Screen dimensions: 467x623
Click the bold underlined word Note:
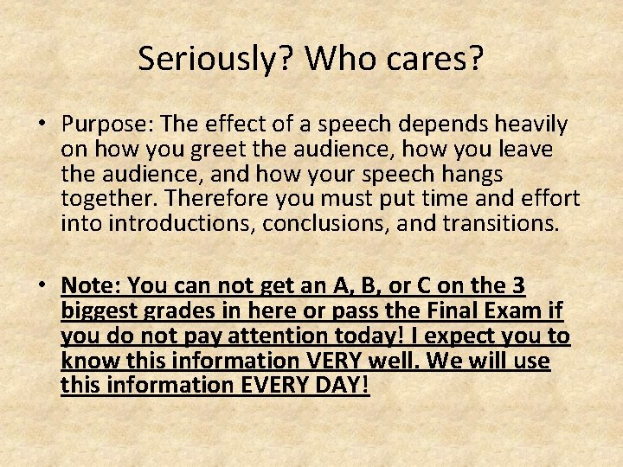[92, 285]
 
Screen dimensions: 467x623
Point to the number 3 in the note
[517, 285]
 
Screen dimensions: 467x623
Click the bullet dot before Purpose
[42, 125]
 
